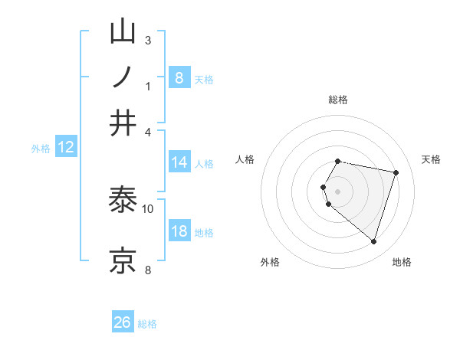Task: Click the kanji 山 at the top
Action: [123, 33]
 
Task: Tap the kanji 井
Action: [123, 123]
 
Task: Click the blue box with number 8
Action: [179, 77]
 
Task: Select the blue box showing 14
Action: [179, 162]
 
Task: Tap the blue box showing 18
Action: [179, 231]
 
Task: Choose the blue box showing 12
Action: [65, 147]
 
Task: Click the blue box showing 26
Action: [123, 322]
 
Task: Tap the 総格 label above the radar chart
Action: [338, 100]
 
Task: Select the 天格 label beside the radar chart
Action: [431, 159]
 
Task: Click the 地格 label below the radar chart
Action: [402, 263]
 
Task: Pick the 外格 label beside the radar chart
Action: [270, 263]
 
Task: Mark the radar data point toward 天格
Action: [396, 172]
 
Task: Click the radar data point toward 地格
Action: [373, 242]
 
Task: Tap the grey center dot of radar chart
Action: [338, 191]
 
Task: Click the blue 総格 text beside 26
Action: [147, 324]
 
